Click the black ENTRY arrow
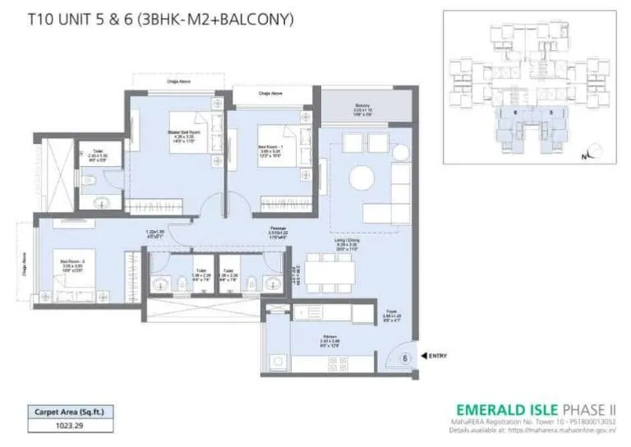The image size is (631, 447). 424,355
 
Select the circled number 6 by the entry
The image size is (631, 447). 405,357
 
